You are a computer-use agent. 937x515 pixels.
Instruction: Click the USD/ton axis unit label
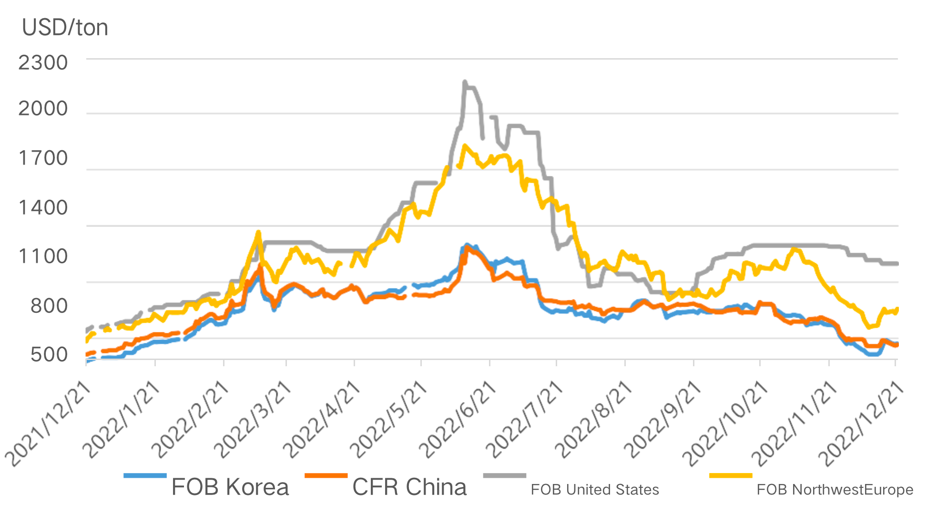(x=65, y=28)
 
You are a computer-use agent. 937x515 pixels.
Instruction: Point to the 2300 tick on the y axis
(x=43, y=63)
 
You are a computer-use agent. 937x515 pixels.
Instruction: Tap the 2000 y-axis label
(x=43, y=109)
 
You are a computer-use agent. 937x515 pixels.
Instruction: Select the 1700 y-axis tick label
(x=43, y=158)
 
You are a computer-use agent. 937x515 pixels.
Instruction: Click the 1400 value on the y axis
(x=43, y=208)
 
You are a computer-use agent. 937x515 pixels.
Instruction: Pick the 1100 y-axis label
(x=43, y=257)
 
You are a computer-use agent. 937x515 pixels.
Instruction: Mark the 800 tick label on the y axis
(x=49, y=306)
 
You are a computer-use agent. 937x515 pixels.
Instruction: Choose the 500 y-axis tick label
(x=49, y=355)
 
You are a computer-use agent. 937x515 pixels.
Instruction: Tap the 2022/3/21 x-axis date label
(x=253, y=420)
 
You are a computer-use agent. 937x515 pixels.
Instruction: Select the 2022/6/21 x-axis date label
(x=458, y=420)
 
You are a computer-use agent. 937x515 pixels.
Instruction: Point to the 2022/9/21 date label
(x=662, y=420)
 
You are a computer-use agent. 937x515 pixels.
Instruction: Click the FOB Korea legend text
(x=230, y=487)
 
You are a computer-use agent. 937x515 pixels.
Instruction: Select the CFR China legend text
(x=409, y=487)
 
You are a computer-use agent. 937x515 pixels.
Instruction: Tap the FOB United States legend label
(x=594, y=490)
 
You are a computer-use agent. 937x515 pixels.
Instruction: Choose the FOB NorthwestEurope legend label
(x=835, y=490)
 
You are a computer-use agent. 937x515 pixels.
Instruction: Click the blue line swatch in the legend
(x=145, y=475)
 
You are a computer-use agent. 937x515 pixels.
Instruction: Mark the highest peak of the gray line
(x=465, y=82)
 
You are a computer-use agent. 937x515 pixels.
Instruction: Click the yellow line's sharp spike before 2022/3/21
(x=258, y=232)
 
